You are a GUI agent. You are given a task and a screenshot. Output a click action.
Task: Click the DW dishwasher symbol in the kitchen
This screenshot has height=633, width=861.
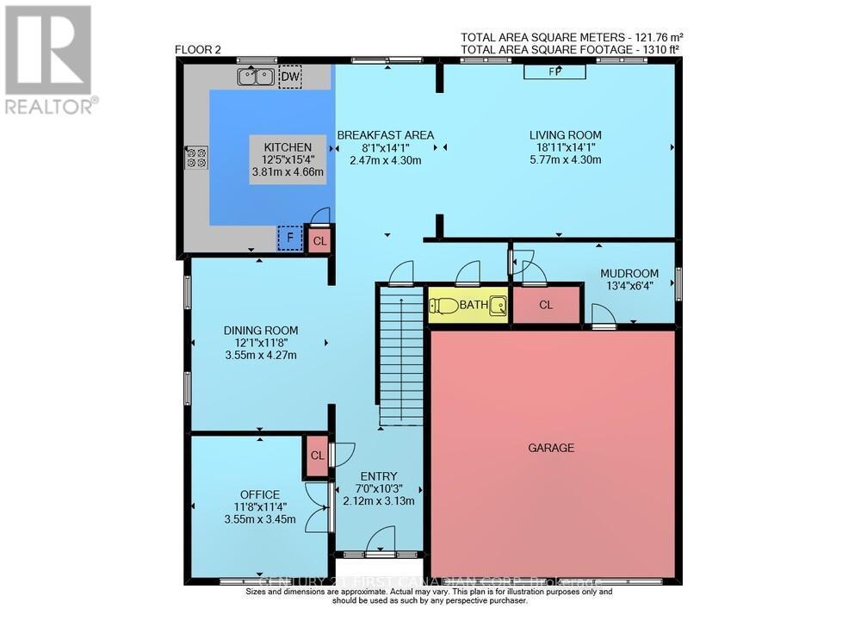(x=291, y=78)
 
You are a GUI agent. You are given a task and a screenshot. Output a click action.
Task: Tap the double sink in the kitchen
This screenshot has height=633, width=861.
(x=255, y=78)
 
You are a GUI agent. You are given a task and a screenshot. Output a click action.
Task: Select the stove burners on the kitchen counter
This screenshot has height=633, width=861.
(x=196, y=157)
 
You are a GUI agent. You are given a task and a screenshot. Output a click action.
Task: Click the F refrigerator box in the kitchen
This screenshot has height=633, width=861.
(x=290, y=239)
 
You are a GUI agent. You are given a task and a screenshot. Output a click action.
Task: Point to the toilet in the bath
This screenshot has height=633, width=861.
(x=445, y=305)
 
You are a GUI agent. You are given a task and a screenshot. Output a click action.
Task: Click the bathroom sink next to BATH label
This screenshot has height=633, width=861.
(x=498, y=304)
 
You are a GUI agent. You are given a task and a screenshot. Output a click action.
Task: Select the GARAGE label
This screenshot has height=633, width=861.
(x=551, y=448)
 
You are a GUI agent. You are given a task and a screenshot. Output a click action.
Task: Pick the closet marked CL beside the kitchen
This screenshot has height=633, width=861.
(x=319, y=240)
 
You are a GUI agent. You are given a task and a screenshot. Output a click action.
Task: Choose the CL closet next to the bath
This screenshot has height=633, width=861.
(x=546, y=305)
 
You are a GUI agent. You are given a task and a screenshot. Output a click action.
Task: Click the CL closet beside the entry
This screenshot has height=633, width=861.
(x=316, y=456)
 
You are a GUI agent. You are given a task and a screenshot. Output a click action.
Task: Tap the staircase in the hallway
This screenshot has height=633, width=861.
(x=400, y=353)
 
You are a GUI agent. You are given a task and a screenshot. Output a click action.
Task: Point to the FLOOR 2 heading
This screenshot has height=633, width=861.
(x=198, y=50)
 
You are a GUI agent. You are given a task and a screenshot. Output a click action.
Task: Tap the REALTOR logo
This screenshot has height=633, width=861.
(x=51, y=60)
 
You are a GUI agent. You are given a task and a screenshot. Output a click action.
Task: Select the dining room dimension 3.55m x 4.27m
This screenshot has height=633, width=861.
(x=261, y=355)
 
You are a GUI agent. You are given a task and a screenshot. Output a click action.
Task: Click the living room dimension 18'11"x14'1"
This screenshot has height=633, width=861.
(x=565, y=147)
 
